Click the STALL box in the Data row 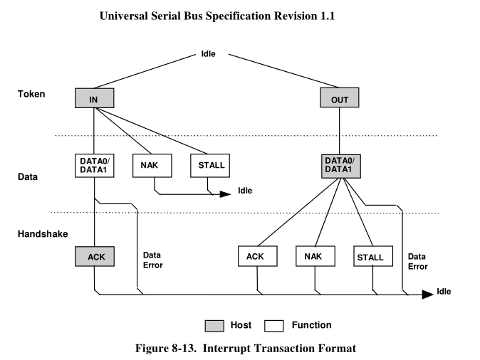point(208,166)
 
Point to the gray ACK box point(93,257)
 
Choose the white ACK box point(256,258)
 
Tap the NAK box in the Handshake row point(313,258)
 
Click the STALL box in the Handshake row point(370,258)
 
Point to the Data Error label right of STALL point(418,261)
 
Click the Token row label point(32,93)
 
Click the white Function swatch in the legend point(274,325)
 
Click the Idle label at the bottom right point(444,292)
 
